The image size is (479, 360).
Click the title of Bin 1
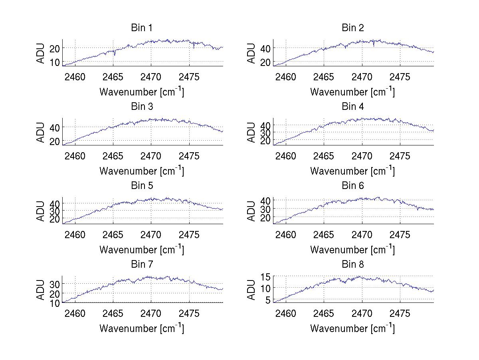click(x=142, y=28)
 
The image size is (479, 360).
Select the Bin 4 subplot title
click(x=353, y=107)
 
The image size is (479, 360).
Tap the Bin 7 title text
click(x=142, y=265)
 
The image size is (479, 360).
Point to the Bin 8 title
click(x=353, y=265)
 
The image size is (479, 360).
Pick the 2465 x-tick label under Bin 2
click(x=324, y=77)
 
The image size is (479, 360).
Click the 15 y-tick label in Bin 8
click(x=266, y=276)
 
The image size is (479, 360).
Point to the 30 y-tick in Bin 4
click(x=266, y=133)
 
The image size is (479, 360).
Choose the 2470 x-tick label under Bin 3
click(x=151, y=156)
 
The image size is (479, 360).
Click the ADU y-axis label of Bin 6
click(x=251, y=211)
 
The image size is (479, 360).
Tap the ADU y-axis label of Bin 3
click(x=41, y=132)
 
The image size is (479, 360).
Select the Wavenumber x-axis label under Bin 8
click(x=352, y=328)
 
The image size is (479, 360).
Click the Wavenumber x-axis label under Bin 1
click(x=142, y=92)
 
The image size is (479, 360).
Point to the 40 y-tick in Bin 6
click(x=266, y=200)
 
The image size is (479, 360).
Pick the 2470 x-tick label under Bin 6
click(x=362, y=235)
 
